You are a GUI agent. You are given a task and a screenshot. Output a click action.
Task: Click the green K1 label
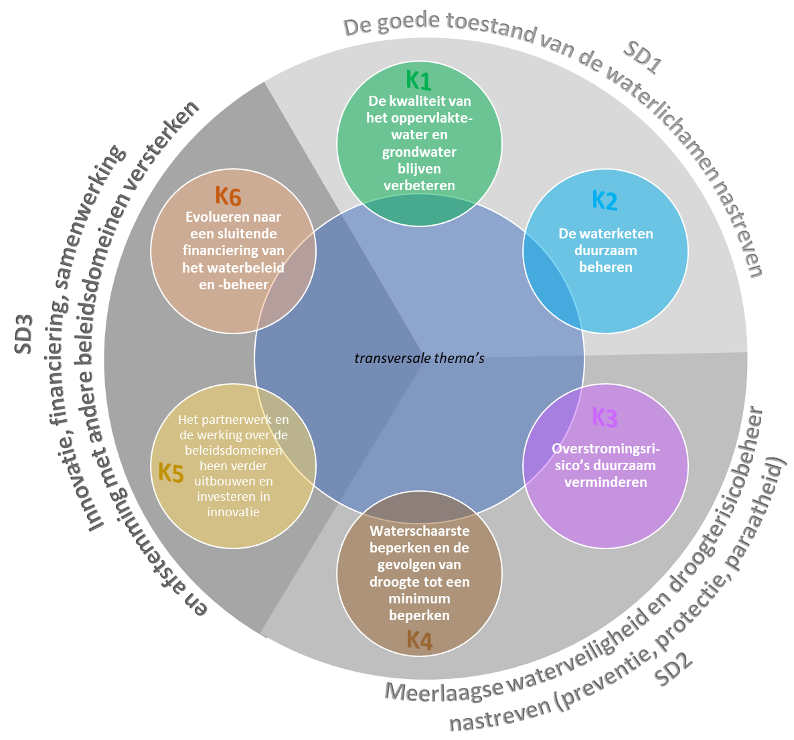click(418, 80)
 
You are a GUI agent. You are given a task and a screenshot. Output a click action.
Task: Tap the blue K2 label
click(605, 200)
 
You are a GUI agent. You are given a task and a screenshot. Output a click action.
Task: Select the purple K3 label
click(605, 417)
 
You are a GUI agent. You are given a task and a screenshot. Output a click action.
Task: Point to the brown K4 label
click(419, 640)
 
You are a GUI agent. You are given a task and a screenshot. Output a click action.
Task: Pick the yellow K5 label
click(171, 473)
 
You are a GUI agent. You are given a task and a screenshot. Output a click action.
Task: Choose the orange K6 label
click(228, 197)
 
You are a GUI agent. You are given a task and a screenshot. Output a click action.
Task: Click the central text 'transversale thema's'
click(419, 358)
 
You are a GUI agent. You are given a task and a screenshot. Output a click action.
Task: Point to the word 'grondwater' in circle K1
click(419, 152)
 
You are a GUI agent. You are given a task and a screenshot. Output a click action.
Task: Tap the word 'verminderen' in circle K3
click(605, 482)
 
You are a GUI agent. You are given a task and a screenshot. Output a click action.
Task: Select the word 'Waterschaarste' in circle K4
click(419, 531)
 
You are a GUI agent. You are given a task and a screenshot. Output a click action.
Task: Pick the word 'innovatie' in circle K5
click(233, 512)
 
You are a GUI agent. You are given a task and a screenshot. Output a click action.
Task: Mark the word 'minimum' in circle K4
click(419, 598)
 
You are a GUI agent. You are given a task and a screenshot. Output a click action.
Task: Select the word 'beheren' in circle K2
click(605, 267)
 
